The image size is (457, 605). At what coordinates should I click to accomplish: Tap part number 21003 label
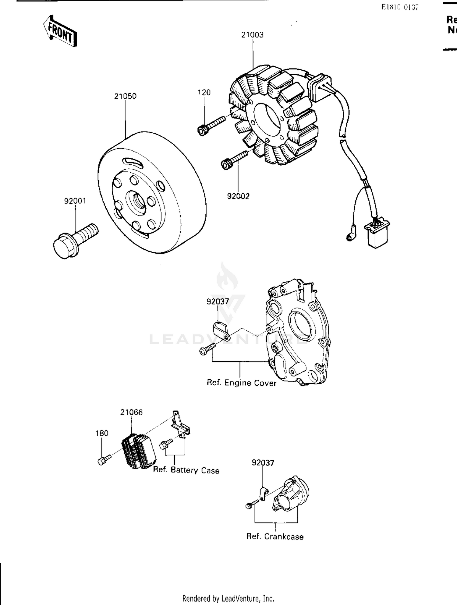point(252,35)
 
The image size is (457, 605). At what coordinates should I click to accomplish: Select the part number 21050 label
point(125,96)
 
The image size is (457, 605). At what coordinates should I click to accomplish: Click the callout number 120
point(204,93)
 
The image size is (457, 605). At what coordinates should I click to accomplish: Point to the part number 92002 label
point(238,196)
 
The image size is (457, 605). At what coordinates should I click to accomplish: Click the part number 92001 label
point(75,201)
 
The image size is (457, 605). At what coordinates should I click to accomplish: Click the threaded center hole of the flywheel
point(136,202)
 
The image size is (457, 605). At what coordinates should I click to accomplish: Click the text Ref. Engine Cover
point(241,383)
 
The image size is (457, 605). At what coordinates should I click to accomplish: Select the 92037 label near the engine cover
point(218,301)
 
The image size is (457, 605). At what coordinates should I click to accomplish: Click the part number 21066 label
point(131,412)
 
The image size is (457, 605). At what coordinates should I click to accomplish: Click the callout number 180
point(102,433)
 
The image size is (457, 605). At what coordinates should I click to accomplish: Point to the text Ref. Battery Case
point(186,470)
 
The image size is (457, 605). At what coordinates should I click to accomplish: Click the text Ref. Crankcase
point(275,536)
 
